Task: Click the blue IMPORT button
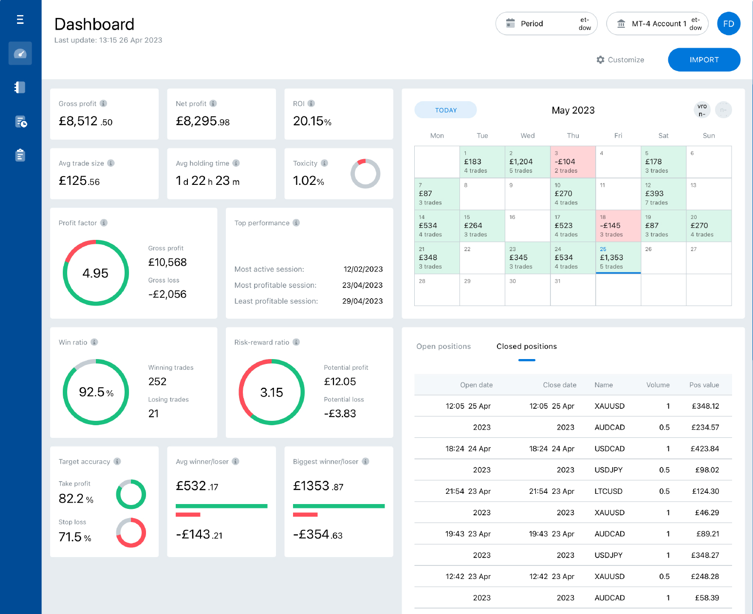(x=704, y=60)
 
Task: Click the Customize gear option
(x=620, y=60)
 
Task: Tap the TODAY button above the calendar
(x=445, y=110)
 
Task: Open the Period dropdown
(x=546, y=23)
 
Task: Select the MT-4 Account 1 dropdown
(x=657, y=23)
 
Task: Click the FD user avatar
(x=728, y=24)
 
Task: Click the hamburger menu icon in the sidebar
(x=20, y=19)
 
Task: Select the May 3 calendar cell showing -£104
(x=572, y=162)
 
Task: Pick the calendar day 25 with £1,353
(x=618, y=257)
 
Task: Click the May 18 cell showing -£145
(x=618, y=226)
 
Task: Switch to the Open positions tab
(x=443, y=346)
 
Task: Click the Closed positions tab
(x=526, y=346)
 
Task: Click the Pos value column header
(x=704, y=385)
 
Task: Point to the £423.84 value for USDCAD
(x=704, y=449)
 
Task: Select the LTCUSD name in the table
(x=608, y=491)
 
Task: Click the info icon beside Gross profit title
(x=103, y=104)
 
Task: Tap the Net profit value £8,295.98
(x=202, y=121)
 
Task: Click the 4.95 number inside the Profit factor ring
(x=95, y=273)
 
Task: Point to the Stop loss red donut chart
(x=131, y=533)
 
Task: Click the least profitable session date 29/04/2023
(x=362, y=301)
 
